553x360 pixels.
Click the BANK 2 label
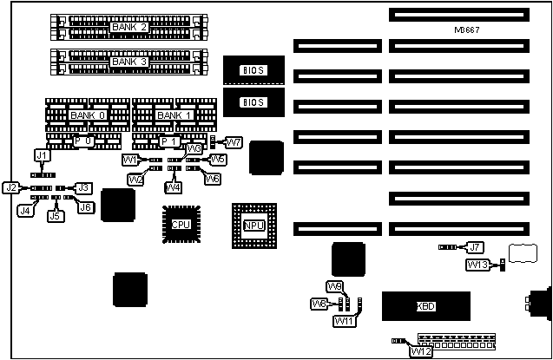[x=129, y=28]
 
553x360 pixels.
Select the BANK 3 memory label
[x=129, y=62]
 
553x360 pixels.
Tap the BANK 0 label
[x=87, y=115]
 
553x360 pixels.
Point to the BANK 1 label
[x=173, y=115]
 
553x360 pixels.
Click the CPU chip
[x=181, y=225]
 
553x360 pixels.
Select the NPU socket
[x=253, y=226]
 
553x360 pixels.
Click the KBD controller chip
[x=426, y=306]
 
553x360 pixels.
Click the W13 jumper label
[x=477, y=265]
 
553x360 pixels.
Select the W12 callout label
[x=421, y=351]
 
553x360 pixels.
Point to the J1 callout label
[x=41, y=154]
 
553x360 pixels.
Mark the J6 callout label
[x=85, y=206]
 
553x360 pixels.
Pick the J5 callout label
[x=56, y=215]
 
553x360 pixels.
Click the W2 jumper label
[x=135, y=180]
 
